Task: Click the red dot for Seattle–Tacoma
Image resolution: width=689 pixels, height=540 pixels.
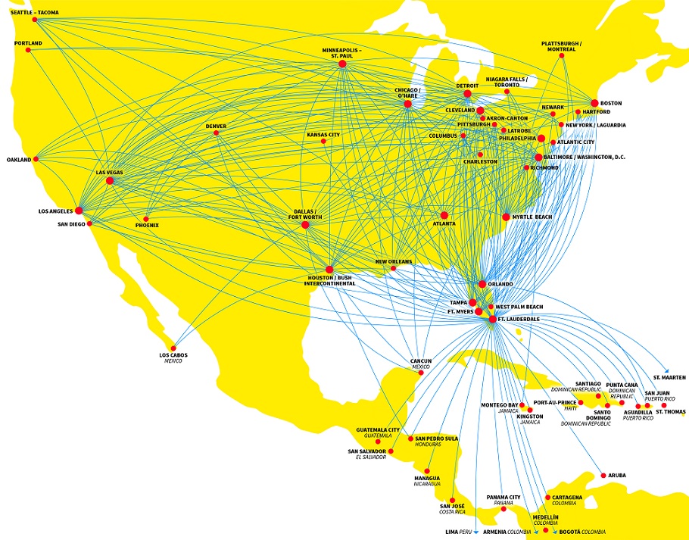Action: pos(35,19)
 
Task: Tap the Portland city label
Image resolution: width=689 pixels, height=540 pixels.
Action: pos(28,43)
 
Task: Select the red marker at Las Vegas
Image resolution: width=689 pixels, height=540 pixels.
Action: pos(110,180)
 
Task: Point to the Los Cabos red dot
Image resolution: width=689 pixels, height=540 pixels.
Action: pos(173,348)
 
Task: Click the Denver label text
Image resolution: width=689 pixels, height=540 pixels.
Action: pos(216,126)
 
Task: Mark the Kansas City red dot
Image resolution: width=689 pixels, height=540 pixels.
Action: pos(323,142)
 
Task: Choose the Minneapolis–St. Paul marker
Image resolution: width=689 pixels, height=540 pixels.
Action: pos(342,64)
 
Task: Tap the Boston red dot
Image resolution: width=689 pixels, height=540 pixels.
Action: pos(594,103)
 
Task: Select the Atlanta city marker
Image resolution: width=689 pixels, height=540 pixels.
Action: pos(444,215)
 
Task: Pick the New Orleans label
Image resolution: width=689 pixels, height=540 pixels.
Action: pos(394,261)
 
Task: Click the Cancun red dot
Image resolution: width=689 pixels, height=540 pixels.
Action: pos(421,373)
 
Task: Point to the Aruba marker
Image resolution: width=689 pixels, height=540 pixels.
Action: pos(603,476)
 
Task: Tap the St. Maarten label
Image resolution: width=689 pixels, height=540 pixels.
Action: pos(669,377)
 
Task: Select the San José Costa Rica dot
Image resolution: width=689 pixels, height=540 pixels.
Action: pos(453,501)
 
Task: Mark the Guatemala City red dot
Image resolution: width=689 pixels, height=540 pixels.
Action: pos(378,442)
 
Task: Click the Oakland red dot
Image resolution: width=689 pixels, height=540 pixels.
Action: pos(36,159)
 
